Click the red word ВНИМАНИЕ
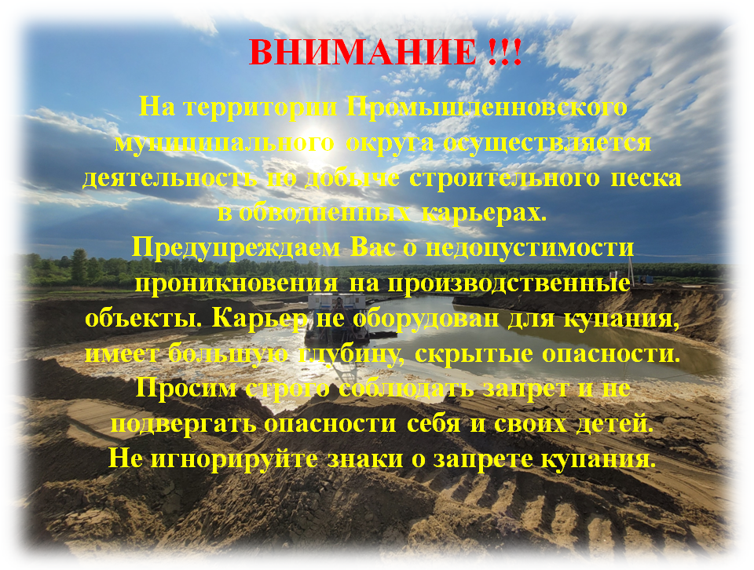coord(363,52)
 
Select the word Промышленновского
coord(487,108)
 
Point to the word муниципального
coord(224,143)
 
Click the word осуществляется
coord(547,143)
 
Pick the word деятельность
coord(170,177)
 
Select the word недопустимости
coord(530,248)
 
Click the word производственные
coord(509,283)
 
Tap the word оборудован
coord(426,318)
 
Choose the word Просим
coord(186,389)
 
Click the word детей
coord(615,424)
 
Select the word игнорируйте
coord(234,459)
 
